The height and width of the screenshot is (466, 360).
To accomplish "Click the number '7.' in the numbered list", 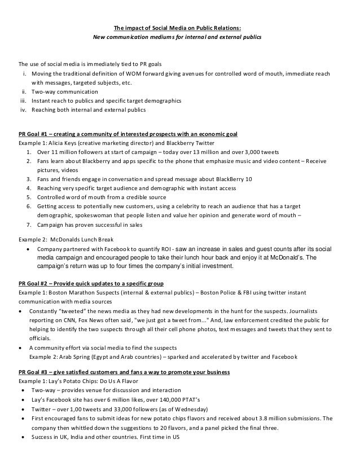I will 29,225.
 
